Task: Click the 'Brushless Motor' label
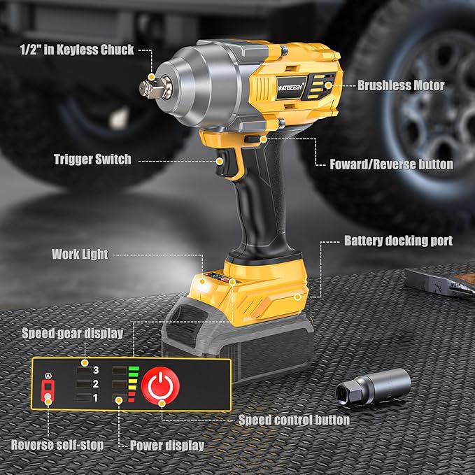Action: click(x=401, y=86)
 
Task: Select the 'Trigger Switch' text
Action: click(x=92, y=159)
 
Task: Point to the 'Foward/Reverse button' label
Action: click(x=391, y=164)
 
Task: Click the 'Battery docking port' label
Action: click(x=398, y=240)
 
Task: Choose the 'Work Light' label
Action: click(x=80, y=254)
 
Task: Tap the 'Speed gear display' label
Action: click(x=72, y=333)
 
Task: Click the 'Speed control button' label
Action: click(x=294, y=420)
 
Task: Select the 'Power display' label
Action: click(x=167, y=445)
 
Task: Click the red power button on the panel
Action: click(x=162, y=384)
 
